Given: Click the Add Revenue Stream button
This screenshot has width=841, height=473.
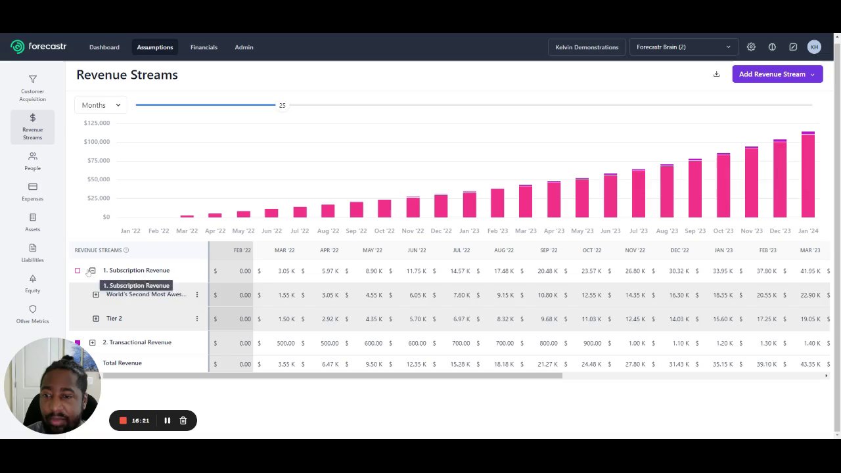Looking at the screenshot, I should tap(777, 74).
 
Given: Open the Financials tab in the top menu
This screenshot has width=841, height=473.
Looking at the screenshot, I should tap(204, 47).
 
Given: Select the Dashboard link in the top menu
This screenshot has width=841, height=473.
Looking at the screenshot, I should tap(104, 47).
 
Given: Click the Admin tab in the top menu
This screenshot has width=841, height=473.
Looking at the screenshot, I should tap(244, 47).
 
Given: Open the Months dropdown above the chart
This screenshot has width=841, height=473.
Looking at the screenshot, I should tap(101, 105).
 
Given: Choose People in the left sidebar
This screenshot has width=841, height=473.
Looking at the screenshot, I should tap(32, 161).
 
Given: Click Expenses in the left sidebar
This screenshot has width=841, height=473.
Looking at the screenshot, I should tap(32, 192).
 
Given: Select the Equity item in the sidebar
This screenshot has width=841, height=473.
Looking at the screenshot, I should tap(32, 283).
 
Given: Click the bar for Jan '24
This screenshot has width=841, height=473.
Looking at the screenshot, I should tap(808, 175).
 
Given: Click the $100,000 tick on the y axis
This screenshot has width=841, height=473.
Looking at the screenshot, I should tap(97, 142).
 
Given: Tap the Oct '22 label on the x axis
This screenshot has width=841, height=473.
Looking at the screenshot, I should tap(384, 231).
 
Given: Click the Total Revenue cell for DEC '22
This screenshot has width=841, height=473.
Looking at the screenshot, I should tap(679, 364).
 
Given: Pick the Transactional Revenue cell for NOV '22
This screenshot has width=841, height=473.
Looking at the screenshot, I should tap(635, 343).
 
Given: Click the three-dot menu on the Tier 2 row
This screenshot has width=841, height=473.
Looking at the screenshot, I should tap(196, 319).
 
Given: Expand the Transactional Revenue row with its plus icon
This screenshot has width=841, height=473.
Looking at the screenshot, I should tap(92, 342).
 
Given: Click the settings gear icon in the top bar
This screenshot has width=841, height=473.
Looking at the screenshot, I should tap(751, 47).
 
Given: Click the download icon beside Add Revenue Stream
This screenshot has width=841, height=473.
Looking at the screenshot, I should tap(716, 74).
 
